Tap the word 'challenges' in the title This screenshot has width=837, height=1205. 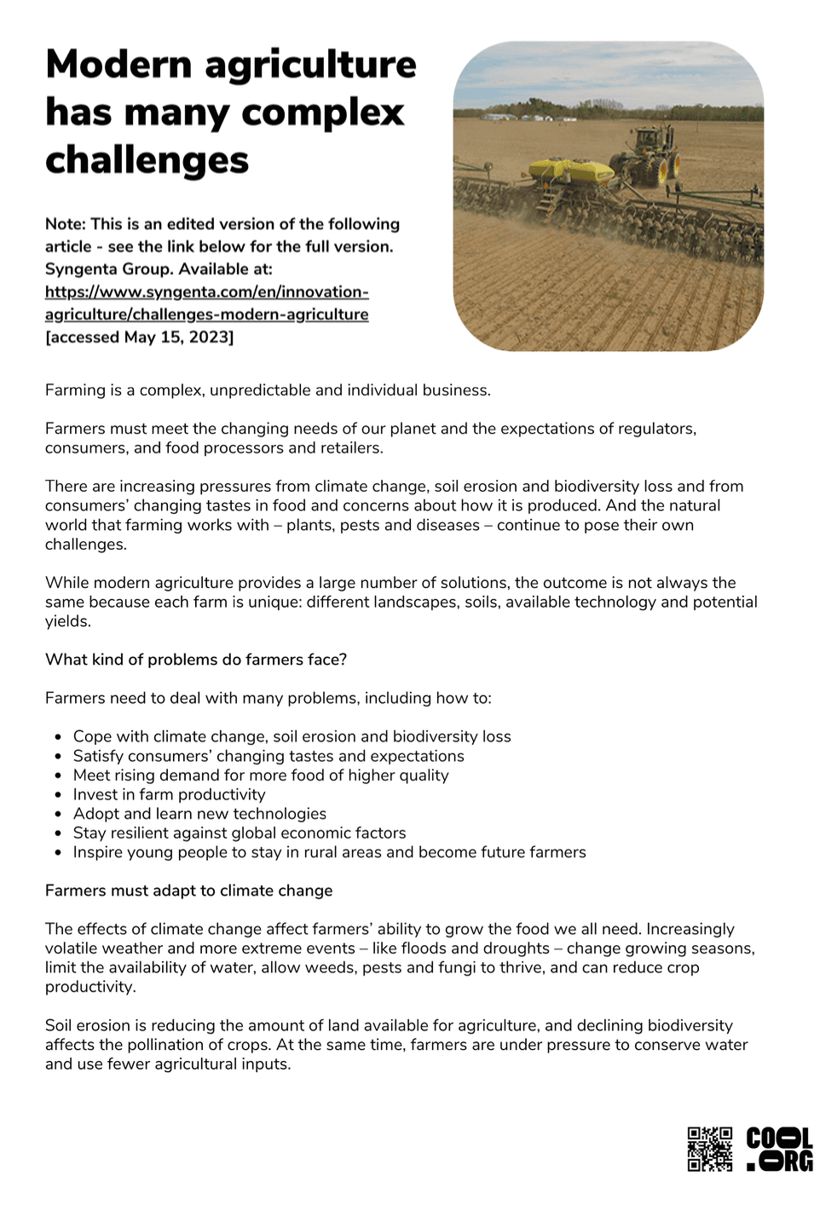(x=147, y=160)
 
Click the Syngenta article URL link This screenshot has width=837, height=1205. (x=206, y=303)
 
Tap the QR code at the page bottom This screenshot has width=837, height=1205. (x=709, y=1148)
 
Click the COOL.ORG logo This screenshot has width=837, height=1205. (x=779, y=1148)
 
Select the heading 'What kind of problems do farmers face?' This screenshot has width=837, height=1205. (x=196, y=660)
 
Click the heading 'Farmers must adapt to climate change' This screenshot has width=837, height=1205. (x=188, y=891)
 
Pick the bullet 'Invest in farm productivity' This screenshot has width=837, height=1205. (x=169, y=794)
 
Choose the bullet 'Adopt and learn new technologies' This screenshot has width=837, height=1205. (x=199, y=814)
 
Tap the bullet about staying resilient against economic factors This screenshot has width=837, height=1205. (x=240, y=833)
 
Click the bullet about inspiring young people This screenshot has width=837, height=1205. (x=329, y=852)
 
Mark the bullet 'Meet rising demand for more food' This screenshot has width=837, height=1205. (x=260, y=775)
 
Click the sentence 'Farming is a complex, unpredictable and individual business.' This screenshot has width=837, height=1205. (x=268, y=390)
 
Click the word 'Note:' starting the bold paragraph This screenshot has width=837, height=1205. (x=66, y=224)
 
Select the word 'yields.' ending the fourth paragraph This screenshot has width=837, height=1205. (x=68, y=621)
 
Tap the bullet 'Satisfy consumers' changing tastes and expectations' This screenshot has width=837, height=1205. (x=268, y=756)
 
